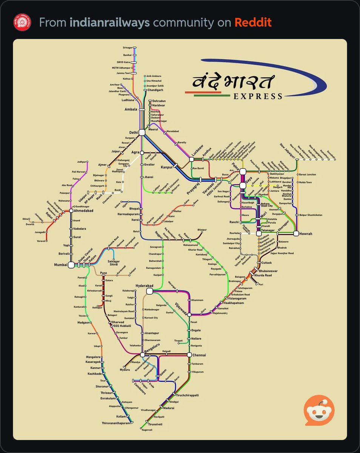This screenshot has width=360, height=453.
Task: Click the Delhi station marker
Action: tap(142, 132)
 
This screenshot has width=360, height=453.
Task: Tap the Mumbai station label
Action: tap(60, 265)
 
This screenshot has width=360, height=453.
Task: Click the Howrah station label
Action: tap(306, 234)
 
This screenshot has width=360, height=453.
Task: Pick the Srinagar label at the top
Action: tap(128, 48)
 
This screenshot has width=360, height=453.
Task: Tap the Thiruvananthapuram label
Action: tap(115, 423)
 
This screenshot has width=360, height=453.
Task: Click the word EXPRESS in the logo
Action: tap(258, 96)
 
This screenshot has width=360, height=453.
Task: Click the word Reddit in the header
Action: tap(253, 22)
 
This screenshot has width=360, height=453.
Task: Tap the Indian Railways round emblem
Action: tap(22, 22)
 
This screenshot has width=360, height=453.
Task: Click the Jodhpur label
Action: tap(82, 162)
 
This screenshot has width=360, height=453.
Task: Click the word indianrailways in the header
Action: tap(109, 22)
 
